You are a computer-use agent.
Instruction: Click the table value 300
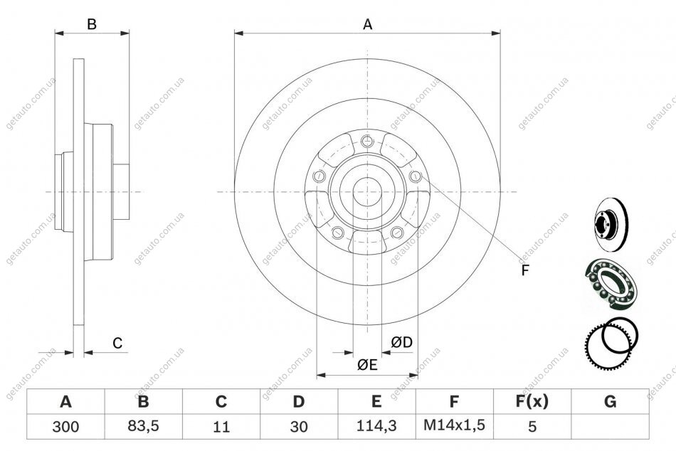click(65, 426)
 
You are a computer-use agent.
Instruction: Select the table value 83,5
click(143, 426)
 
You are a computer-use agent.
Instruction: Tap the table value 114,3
click(376, 426)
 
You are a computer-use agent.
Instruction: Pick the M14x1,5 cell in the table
click(454, 425)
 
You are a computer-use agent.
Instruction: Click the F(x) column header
click(532, 401)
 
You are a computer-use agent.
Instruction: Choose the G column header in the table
click(610, 401)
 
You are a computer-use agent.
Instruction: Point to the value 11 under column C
click(221, 426)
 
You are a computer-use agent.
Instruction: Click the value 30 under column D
click(299, 426)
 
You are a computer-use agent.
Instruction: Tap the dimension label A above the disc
click(367, 25)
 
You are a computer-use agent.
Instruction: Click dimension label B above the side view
click(92, 24)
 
